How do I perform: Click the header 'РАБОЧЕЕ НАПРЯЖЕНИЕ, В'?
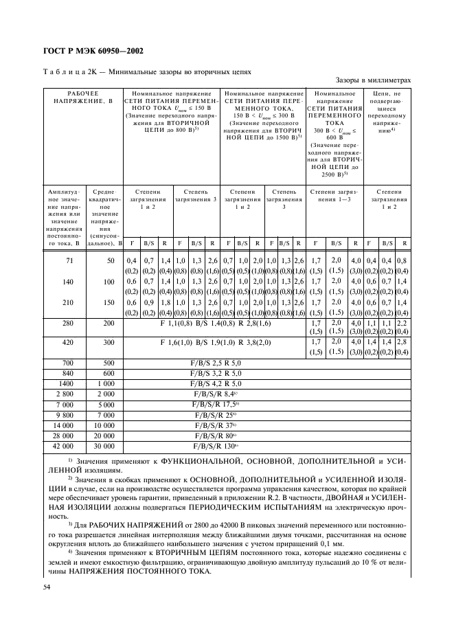point(82,97)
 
